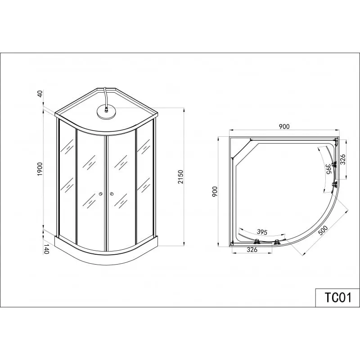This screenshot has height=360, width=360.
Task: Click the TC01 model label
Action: tap(338, 297)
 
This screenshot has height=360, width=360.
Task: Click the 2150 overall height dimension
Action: tap(181, 177)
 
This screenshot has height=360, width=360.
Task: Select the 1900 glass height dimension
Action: tap(40, 169)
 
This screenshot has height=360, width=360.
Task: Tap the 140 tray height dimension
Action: tap(46, 249)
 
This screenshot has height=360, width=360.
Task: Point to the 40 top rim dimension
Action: tap(40, 94)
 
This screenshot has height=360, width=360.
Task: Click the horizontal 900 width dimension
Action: tap(284, 126)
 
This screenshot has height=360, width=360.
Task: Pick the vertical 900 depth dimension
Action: tap(215, 191)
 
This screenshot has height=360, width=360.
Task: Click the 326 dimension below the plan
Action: tap(252, 250)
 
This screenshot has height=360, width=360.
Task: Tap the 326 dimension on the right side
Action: tap(342, 159)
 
